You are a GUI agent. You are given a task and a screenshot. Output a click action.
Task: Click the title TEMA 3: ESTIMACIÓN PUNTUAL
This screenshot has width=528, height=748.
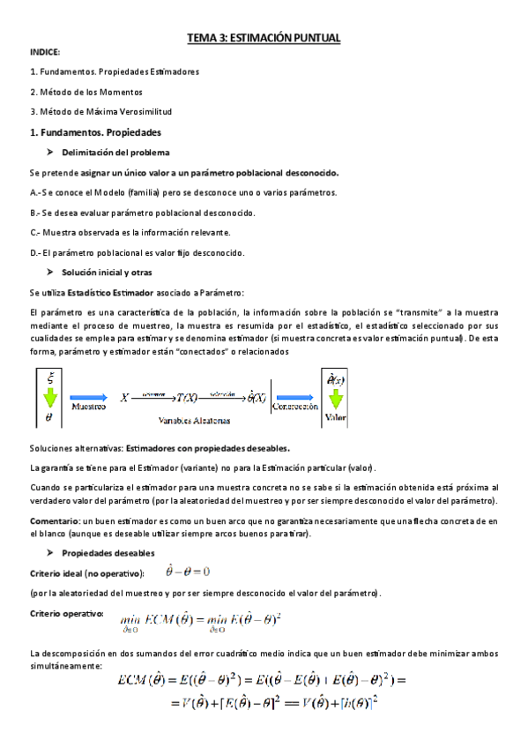click(264, 38)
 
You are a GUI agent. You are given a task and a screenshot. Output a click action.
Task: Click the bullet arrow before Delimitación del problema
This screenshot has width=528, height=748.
click(52, 153)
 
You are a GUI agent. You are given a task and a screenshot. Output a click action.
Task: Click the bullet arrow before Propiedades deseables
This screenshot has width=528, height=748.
click(52, 553)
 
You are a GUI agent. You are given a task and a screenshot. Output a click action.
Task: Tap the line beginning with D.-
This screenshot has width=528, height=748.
click(137, 252)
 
